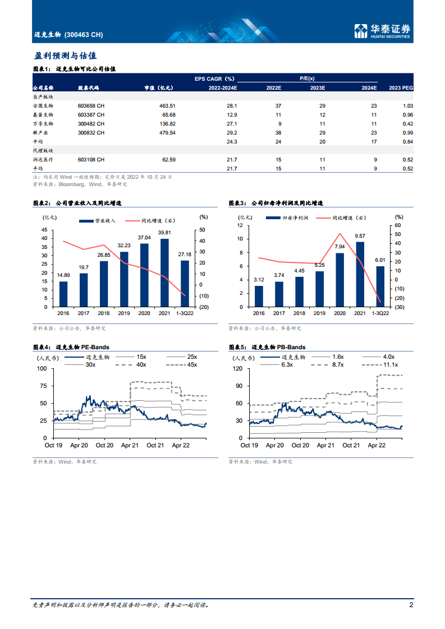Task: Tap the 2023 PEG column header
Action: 401,88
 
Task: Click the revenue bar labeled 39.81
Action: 164,272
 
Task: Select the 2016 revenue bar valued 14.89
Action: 63,294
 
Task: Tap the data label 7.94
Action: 340,246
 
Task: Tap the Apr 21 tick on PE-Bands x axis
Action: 130,445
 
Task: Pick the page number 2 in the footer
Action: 411,605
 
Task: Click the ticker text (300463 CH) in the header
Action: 84,35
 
